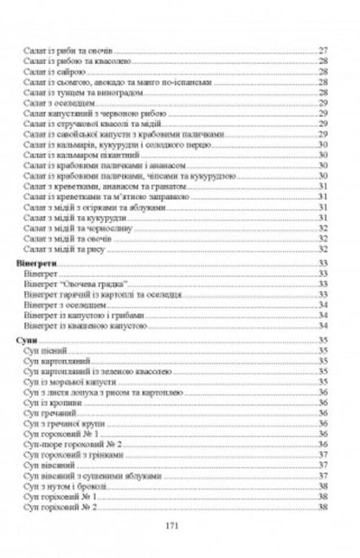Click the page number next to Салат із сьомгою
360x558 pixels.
click(x=323, y=84)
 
